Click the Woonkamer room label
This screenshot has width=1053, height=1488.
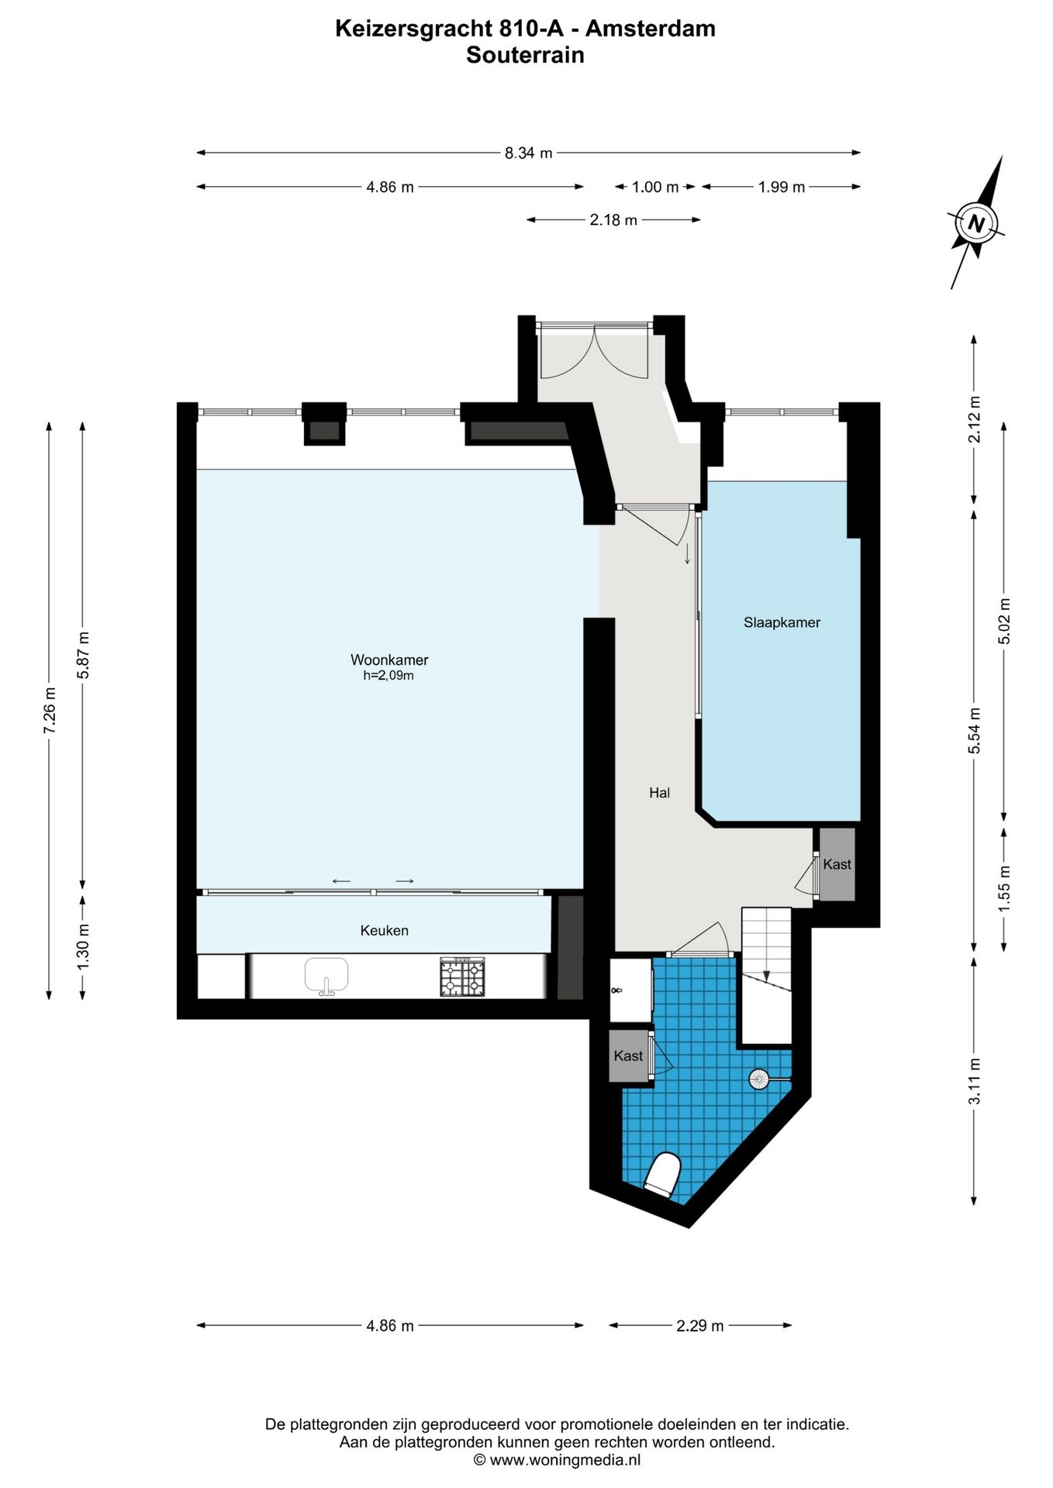pyautogui.click(x=389, y=660)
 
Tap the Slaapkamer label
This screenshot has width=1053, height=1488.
pyautogui.click(x=782, y=622)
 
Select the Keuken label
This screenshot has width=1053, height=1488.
pyautogui.click(x=384, y=931)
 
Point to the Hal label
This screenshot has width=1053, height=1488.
pyautogui.click(x=659, y=793)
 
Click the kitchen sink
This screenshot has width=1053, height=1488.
pyautogui.click(x=326, y=975)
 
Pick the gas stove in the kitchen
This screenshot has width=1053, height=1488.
pyautogui.click(x=462, y=976)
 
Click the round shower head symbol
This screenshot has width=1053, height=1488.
pyautogui.click(x=758, y=1078)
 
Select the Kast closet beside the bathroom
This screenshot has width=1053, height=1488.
pyautogui.click(x=628, y=1056)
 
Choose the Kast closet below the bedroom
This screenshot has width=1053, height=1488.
pyautogui.click(x=837, y=864)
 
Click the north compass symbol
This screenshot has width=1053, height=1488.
pyautogui.click(x=976, y=223)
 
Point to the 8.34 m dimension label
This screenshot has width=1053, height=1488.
pyautogui.click(x=529, y=153)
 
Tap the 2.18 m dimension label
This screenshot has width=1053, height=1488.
pyautogui.click(x=613, y=220)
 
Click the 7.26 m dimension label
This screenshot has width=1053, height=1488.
pyautogui.click(x=50, y=710)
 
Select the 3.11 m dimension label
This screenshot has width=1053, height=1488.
pyautogui.click(x=975, y=1080)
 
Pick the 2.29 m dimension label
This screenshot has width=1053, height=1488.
pyautogui.click(x=700, y=1326)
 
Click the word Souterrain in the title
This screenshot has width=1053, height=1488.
pyautogui.click(x=525, y=55)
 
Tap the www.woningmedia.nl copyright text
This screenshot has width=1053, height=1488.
pyautogui.click(x=557, y=1460)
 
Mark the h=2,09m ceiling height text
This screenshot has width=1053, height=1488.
pyautogui.click(x=388, y=676)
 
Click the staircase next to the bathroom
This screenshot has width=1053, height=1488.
pyautogui.click(x=767, y=976)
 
